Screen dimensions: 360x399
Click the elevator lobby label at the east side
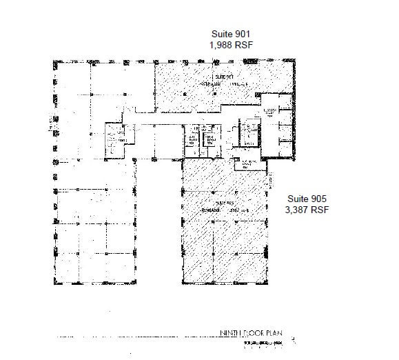[x=270, y=111]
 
